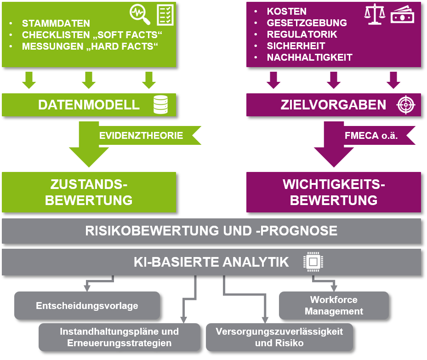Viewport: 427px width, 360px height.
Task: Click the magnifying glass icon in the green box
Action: coord(140,15)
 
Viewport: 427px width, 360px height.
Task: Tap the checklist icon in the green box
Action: coord(165,15)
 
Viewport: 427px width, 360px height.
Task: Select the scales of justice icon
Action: coord(375,14)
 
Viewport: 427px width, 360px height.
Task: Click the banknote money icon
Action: coord(402,15)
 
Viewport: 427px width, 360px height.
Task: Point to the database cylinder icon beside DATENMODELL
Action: coord(161,104)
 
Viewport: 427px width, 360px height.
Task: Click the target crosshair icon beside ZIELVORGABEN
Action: coord(406,105)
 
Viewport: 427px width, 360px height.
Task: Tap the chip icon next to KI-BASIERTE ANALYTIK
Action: coord(313,262)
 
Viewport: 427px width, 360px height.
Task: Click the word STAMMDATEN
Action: coord(56,23)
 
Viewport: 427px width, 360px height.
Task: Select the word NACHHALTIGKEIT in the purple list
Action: coord(310,57)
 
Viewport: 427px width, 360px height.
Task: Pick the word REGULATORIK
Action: coord(302,34)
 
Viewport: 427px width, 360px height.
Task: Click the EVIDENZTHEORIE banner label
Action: coord(141,135)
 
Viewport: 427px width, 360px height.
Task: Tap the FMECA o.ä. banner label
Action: coord(371,135)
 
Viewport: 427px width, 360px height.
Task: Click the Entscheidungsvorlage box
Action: coord(87,306)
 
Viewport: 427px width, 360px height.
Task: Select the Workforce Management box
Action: coord(334,306)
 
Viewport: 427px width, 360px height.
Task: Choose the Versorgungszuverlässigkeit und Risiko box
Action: coord(279,337)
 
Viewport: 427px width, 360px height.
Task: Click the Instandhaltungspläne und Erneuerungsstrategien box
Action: coord(120,337)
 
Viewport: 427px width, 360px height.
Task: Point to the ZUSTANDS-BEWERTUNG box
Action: coord(89,192)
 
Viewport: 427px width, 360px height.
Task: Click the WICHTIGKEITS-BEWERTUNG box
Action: coord(334,192)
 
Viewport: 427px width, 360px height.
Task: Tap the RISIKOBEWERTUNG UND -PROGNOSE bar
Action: coord(211,231)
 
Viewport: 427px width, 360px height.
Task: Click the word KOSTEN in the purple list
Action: coord(287,11)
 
